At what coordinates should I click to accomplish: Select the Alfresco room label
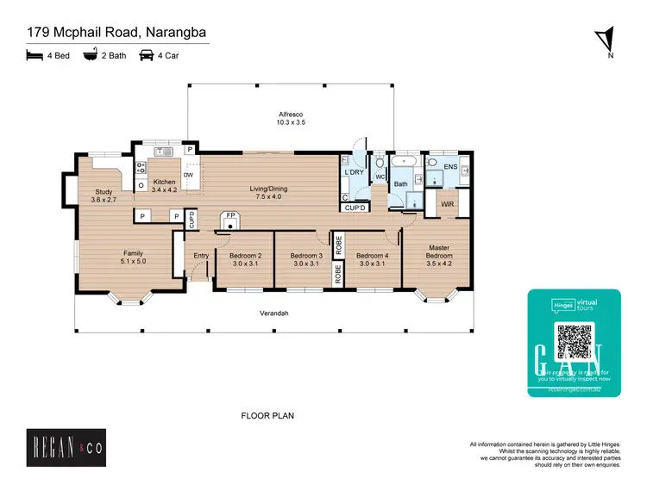point(291,115)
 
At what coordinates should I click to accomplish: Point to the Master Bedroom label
point(440,251)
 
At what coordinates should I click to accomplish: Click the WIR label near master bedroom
point(447,204)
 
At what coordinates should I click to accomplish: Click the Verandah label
point(274,313)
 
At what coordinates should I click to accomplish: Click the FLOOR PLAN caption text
point(267,416)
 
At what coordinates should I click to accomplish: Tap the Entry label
point(201,256)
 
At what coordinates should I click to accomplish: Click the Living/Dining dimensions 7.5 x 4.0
point(268,196)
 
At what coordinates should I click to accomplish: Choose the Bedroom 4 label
point(373,256)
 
